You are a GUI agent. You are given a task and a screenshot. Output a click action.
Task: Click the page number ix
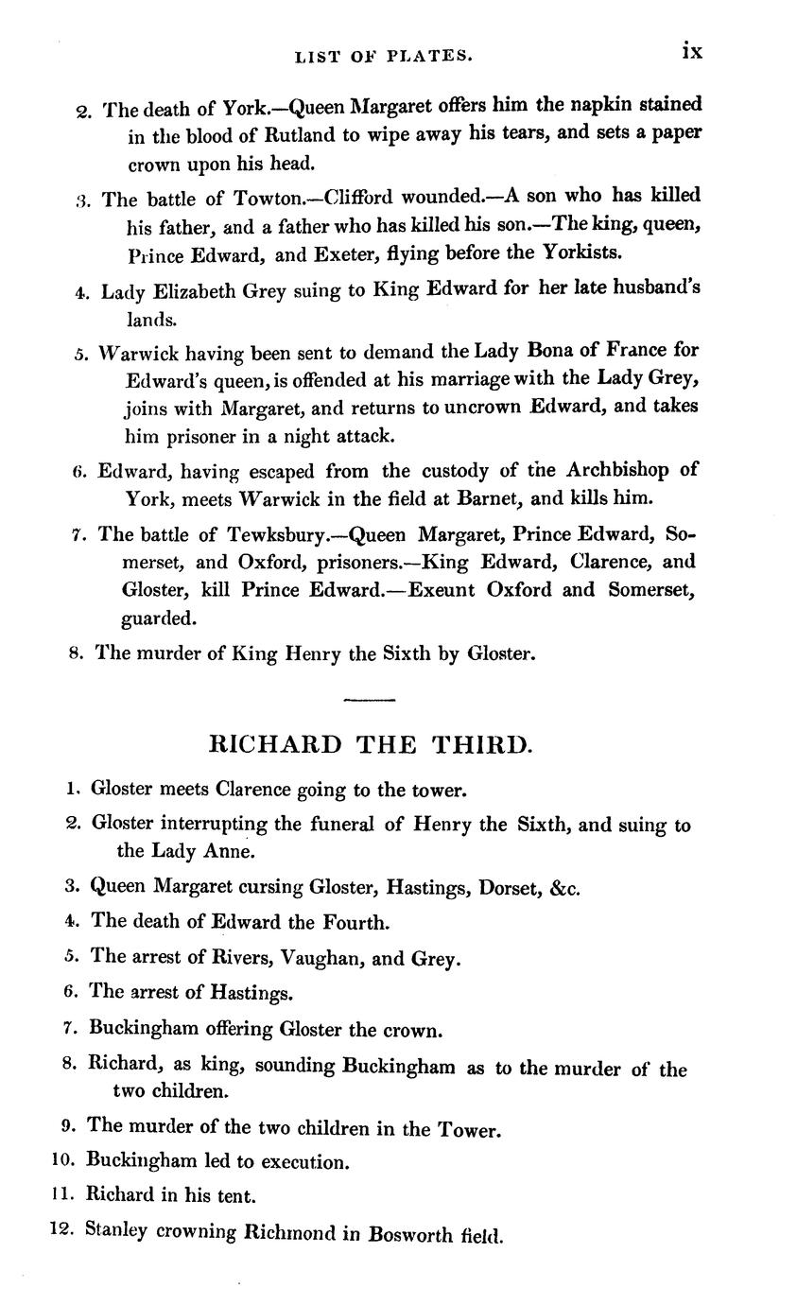[692, 51]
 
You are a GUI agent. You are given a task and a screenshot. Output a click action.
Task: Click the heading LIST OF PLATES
[383, 57]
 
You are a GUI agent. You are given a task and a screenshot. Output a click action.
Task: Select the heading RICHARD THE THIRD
[370, 745]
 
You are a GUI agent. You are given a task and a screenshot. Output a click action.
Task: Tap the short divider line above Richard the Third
[369, 700]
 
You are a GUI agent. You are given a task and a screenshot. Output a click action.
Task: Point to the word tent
[236, 1195]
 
